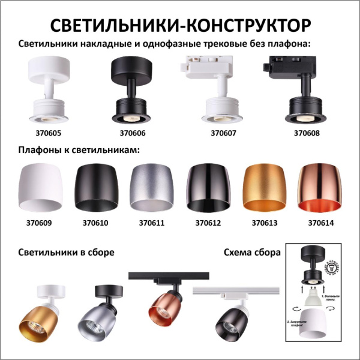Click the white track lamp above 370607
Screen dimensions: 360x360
coord(217,90)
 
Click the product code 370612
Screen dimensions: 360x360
coord(208,224)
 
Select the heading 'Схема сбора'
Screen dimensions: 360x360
coord(251,252)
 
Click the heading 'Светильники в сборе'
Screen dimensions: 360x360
coord(66,252)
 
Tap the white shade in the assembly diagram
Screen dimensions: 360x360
coord(311,324)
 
